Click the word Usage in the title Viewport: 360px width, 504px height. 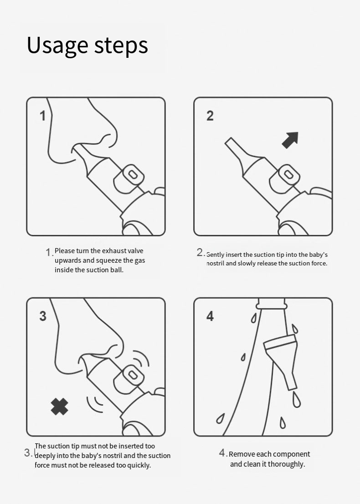tap(57, 46)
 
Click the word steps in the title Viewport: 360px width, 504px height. tap(121, 45)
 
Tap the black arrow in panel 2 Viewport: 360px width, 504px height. tap(290, 140)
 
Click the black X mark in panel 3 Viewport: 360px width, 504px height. tap(60, 407)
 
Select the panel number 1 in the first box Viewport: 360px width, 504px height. tap(42, 116)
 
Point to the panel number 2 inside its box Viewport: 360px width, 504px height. tap(210, 116)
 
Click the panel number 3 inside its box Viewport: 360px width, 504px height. tap(43, 316)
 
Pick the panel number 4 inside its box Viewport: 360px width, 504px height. tap(210, 316)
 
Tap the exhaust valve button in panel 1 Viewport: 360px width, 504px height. tap(129, 179)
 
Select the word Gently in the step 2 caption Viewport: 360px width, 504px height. tap(215, 255)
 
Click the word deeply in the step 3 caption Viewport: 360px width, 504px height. tap(45, 456)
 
